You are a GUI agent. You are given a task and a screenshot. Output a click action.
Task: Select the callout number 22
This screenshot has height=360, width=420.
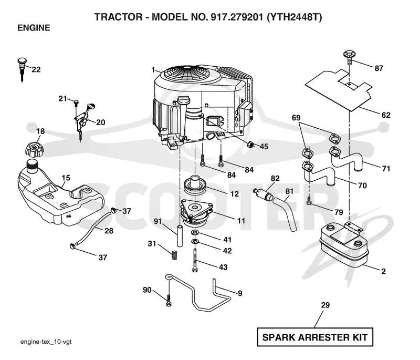click(x=36, y=69)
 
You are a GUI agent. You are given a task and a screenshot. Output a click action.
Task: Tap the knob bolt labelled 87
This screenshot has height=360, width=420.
click(x=350, y=57)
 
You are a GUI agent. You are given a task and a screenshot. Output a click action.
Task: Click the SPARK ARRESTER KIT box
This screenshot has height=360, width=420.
click(x=315, y=337)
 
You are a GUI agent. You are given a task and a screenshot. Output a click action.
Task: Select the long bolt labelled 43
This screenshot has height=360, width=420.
click(x=195, y=260)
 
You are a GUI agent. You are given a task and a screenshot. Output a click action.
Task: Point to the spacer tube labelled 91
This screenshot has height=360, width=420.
click(x=179, y=235)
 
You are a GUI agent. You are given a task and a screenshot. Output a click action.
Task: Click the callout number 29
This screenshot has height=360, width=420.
click(x=325, y=305)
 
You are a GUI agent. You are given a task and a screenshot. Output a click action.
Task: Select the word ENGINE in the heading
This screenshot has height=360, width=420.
click(x=34, y=28)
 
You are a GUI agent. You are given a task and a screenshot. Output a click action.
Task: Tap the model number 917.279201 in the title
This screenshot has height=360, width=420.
click(x=237, y=17)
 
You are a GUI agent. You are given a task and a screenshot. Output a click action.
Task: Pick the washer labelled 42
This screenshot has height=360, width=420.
click(x=195, y=242)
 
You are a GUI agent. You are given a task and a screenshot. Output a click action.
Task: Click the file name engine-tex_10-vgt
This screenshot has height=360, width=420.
click(x=46, y=342)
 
